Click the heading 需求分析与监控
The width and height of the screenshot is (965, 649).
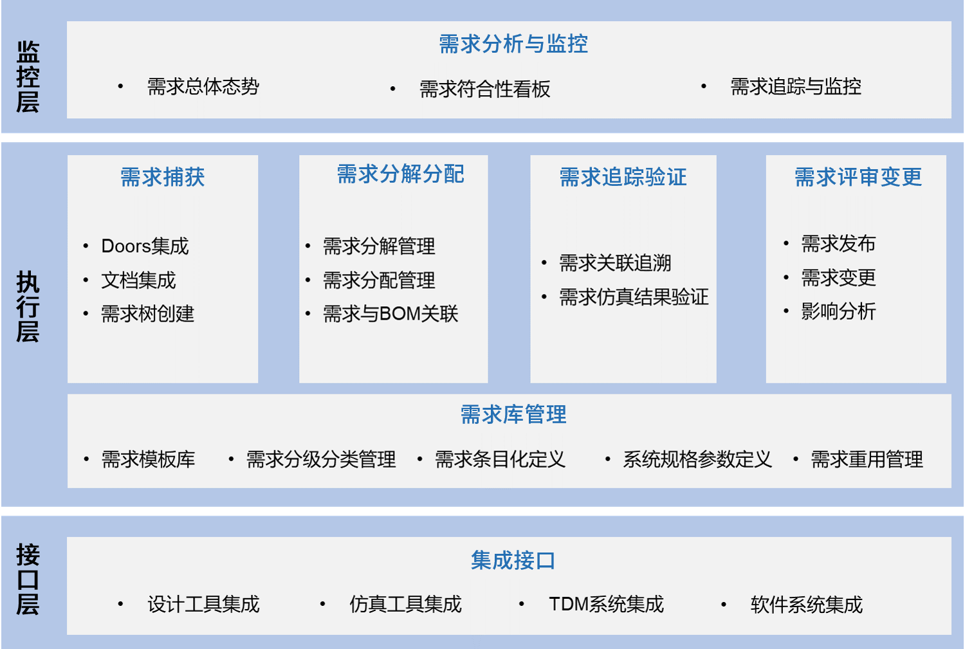(x=513, y=44)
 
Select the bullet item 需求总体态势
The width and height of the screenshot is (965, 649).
(x=203, y=87)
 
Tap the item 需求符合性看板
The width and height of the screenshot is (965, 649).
(x=484, y=89)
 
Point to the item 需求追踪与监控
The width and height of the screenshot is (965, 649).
(x=796, y=87)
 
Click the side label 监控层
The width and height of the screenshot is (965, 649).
(x=28, y=77)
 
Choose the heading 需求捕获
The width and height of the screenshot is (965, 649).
(x=162, y=177)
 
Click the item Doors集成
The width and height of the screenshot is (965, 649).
(x=145, y=246)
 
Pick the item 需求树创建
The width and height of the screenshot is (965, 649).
(x=147, y=313)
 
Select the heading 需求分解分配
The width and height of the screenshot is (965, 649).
(x=400, y=174)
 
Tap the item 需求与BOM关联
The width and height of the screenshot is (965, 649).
(x=391, y=313)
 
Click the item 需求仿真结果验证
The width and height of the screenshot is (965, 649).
(x=634, y=297)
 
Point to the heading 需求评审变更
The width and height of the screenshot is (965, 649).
(x=858, y=177)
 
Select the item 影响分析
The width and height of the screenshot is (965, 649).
(x=838, y=311)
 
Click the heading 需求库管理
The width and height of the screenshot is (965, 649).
(x=513, y=414)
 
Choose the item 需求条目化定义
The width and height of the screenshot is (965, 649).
(x=500, y=459)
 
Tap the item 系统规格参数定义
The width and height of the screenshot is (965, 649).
(x=697, y=459)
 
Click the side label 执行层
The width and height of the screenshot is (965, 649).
(x=28, y=306)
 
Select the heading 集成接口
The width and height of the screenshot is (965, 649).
(x=513, y=560)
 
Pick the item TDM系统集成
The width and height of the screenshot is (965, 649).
(x=606, y=604)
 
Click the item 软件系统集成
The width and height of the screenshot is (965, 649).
(x=807, y=605)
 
